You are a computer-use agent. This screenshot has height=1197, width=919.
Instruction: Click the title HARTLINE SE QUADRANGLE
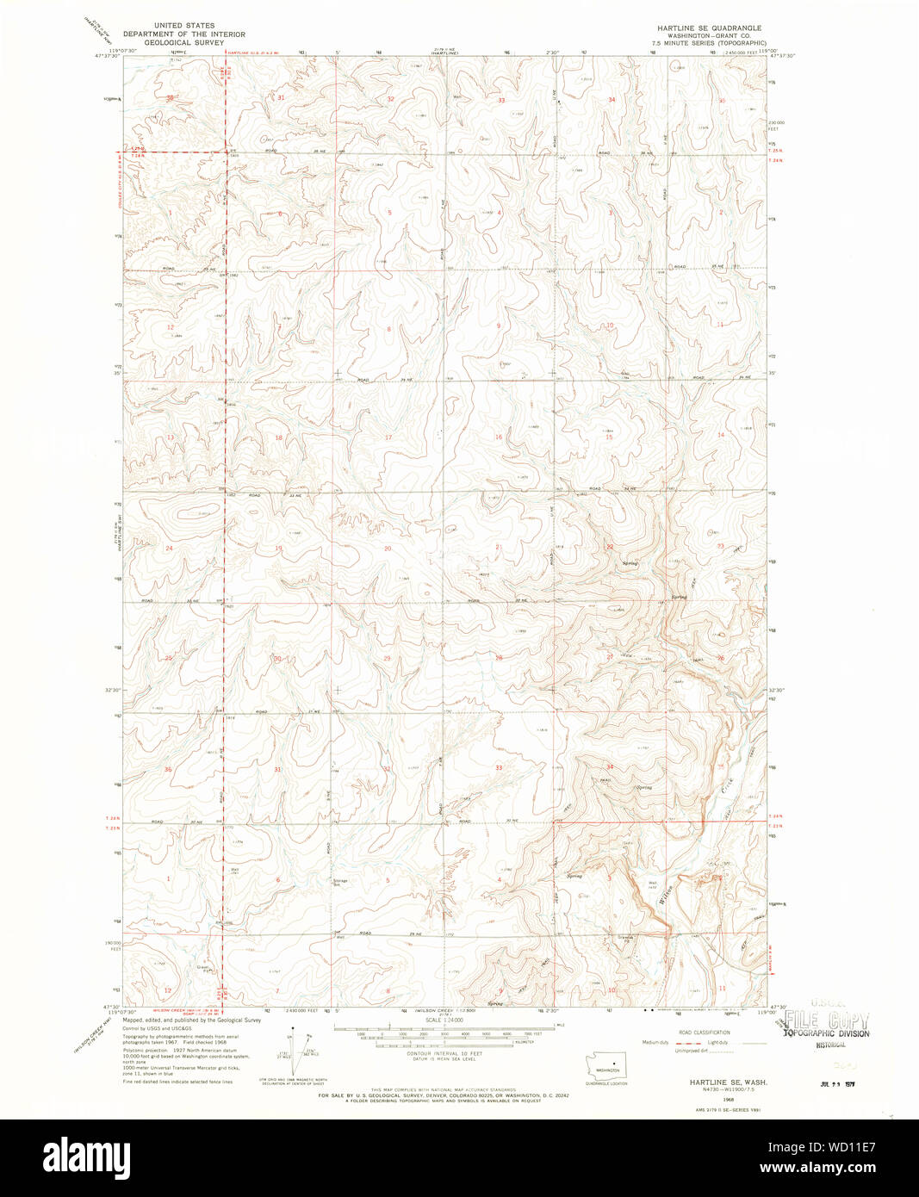709,28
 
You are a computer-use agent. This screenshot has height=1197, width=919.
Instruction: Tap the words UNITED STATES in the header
183,26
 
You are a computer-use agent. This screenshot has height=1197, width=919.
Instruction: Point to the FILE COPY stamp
826,1020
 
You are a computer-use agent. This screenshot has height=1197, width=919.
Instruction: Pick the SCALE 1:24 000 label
445,1020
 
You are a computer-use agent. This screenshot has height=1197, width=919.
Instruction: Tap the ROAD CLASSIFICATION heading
703,1032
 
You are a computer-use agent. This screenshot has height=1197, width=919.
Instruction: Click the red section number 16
498,437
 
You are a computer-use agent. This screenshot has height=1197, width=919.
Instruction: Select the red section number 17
388,437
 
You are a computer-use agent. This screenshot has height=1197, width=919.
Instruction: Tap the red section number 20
388,548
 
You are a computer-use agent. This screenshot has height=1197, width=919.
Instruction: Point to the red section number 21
498,547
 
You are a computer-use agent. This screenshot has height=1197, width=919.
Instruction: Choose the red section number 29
388,658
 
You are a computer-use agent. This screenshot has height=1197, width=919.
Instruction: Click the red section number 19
278,548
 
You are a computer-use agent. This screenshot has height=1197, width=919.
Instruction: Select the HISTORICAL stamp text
831,1045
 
